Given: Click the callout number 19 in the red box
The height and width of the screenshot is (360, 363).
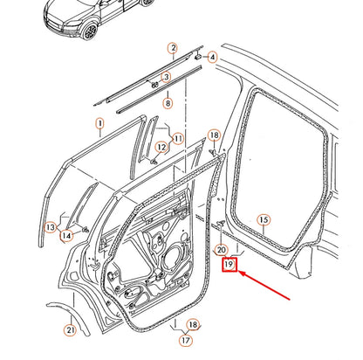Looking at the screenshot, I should point(228,263).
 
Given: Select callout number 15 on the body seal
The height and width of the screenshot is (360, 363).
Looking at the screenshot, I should point(264,219).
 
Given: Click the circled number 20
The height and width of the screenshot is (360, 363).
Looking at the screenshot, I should point(222,249).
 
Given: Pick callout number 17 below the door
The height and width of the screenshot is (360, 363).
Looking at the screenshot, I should point(185,341).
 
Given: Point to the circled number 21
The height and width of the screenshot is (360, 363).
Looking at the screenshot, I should point(70,329).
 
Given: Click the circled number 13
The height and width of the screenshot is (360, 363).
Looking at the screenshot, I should point(51,227).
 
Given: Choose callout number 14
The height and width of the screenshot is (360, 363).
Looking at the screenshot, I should point(67,234).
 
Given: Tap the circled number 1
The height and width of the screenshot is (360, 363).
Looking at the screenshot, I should point(99,125).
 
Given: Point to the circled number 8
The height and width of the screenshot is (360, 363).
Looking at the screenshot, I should point(168,103).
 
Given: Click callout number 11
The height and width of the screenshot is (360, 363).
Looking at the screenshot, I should point(178,138).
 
